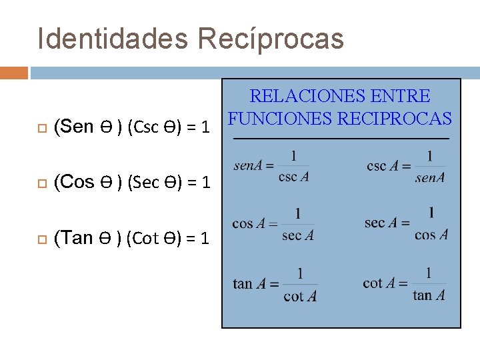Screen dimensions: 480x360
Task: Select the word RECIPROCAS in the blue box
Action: [x=395, y=119]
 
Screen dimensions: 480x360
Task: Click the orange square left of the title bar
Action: [x=14, y=72]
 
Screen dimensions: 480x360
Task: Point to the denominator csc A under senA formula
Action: [x=293, y=177]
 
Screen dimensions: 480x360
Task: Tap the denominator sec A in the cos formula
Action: [x=297, y=235]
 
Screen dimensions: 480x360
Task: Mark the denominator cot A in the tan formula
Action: [x=299, y=296]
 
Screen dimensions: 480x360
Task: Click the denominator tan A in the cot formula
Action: [x=429, y=295]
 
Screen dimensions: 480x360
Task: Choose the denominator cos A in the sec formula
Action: [x=431, y=235]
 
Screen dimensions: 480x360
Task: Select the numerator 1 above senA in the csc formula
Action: [x=430, y=155]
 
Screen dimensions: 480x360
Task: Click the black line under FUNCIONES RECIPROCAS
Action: [x=341, y=138]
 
